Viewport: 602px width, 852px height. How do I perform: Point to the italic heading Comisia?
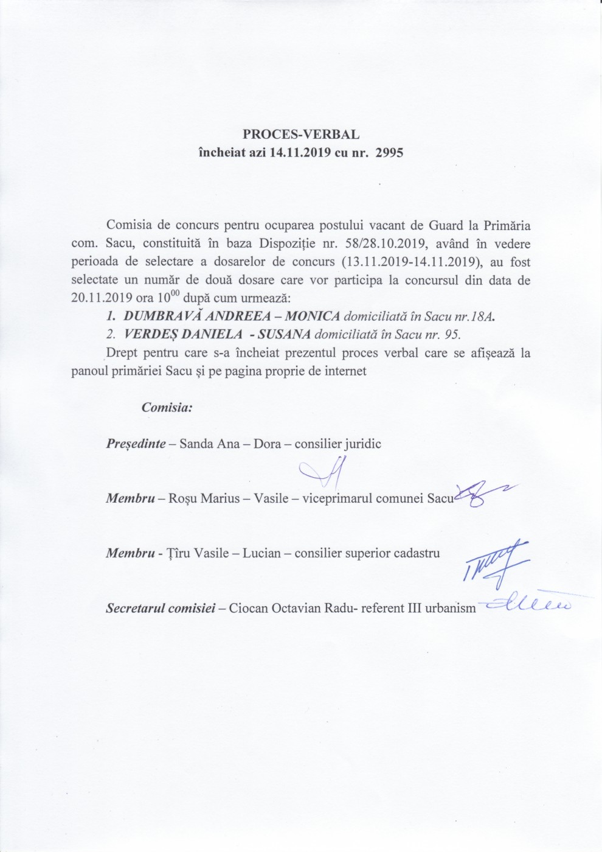click(167, 407)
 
